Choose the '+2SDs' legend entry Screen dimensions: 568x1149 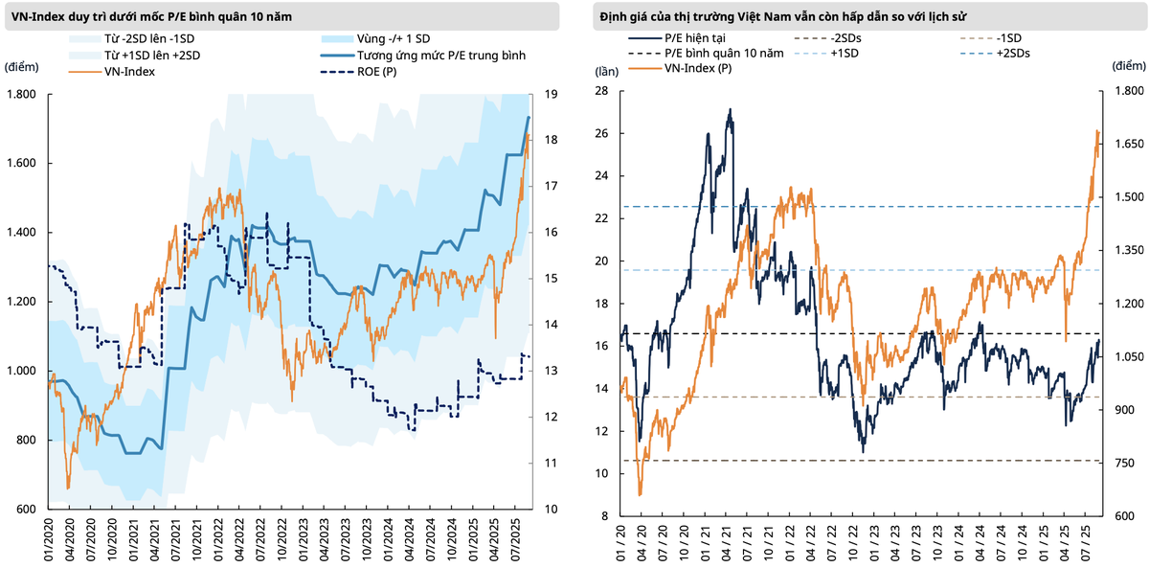(1013, 54)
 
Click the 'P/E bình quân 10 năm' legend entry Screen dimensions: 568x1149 (724, 54)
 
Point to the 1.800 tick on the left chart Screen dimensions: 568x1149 (22, 94)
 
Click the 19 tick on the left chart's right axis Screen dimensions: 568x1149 (551, 94)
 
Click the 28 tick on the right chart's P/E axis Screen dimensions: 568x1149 (602, 91)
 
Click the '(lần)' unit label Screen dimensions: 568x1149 (607, 72)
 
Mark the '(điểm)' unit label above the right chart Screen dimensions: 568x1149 (1129, 65)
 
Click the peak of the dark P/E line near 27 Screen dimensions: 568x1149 (730, 110)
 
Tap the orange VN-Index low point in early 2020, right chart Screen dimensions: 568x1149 (641, 494)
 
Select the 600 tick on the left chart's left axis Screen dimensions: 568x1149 (26, 510)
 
